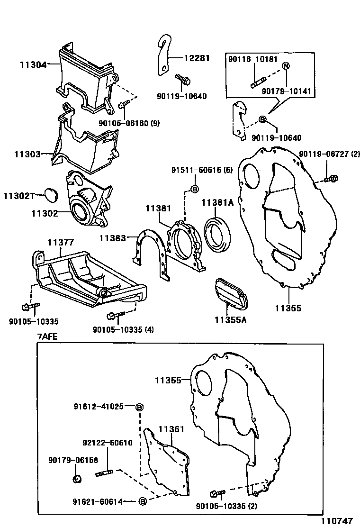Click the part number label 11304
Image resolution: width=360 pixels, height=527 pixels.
pos(33,64)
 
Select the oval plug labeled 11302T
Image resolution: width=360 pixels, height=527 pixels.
pos(49,194)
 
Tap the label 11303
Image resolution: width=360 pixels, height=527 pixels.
pos(27,154)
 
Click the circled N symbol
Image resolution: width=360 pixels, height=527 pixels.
pos(286,66)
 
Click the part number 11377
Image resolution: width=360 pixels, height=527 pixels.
pos(60,242)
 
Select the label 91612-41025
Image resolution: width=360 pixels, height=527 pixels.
pos(99,406)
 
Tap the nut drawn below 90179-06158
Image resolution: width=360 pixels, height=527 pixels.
pos(76,479)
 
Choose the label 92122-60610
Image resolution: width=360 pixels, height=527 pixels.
pos(108,443)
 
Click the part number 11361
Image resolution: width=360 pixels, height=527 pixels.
pos(171,429)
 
